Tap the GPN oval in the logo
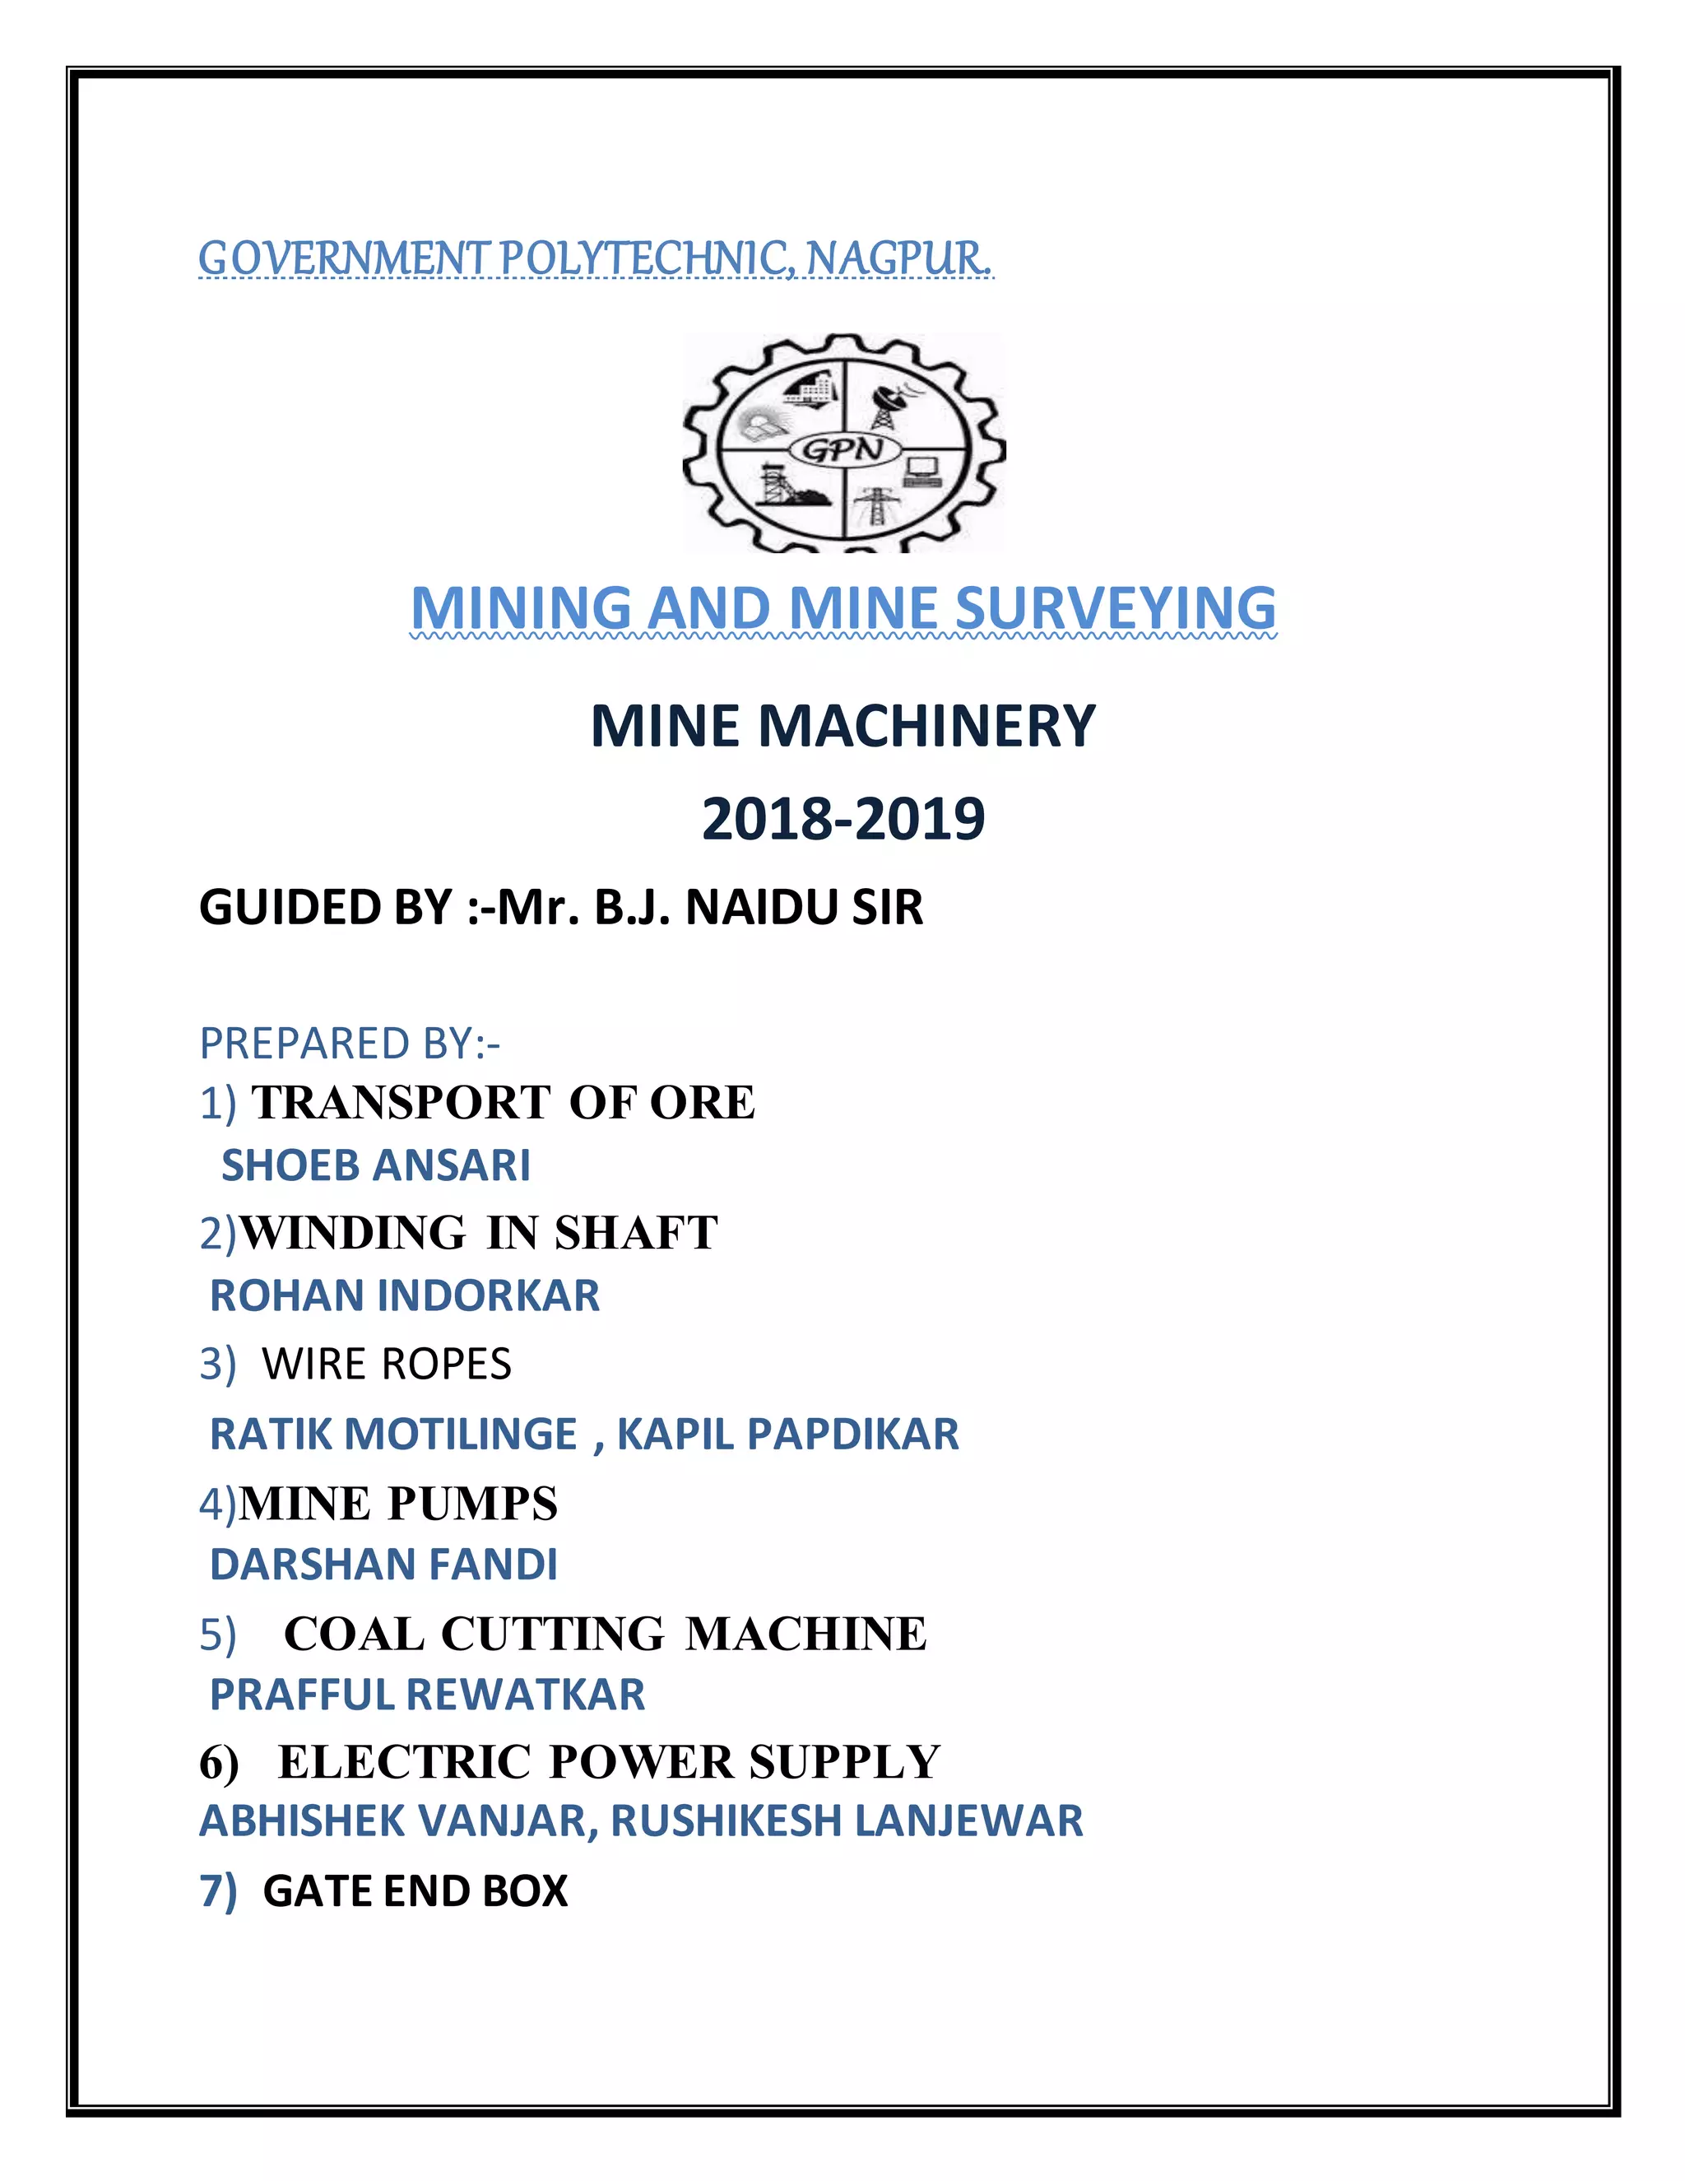[843, 449]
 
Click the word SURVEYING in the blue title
[1116, 608]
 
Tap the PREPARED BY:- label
[350, 1044]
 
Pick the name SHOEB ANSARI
[375, 1165]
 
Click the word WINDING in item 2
[353, 1232]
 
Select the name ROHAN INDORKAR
[404, 1296]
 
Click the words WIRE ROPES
[387, 1364]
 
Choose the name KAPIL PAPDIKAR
[787, 1434]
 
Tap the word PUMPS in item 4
[473, 1504]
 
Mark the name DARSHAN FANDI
[383, 1565]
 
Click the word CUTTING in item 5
[552, 1635]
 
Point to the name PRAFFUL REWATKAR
[427, 1695]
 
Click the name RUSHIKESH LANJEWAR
[847, 1821]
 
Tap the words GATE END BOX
[415, 1891]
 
